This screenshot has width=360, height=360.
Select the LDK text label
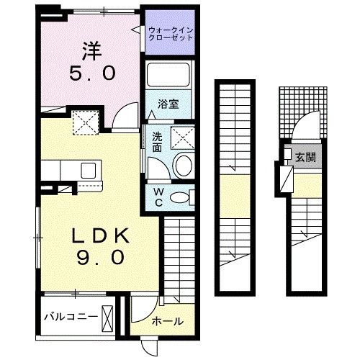click(x=99, y=235)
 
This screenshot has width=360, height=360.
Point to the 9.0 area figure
click(x=99, y=257)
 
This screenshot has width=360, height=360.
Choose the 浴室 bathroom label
click(x=169, y=103)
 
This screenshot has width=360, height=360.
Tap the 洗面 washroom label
click(x=157, y=143)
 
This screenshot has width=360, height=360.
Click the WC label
click(x=158, y=197)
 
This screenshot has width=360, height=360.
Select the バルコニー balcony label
click(x=70, y=316)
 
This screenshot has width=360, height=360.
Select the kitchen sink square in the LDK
click(x=89, y=171)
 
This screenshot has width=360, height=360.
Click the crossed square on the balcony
click(x=107, y=317)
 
